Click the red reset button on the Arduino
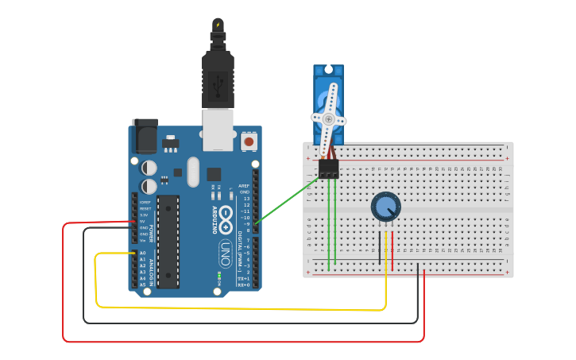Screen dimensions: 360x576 pyautogui.click(x=249, y=141)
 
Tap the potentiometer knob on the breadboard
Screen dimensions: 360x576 pyautogui.click(x=385, y=207)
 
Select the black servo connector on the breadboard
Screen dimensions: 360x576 pyautogui.click(x=328, y=168)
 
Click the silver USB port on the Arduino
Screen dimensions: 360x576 pyautogui.click(x=218, y=129)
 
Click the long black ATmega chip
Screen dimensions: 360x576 pyautogui.click(x=168, y=242)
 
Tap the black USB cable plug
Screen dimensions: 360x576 pyautogui.click(x=218, y=79)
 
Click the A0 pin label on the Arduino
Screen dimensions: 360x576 pyautogui.click(x=143, y=253)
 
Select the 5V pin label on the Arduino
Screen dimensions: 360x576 pyautogui.click(x=143, y=222)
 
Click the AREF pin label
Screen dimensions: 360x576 pyautogui.click(x=245, y=186)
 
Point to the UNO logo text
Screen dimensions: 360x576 pyautogui.click(x=226, y=253)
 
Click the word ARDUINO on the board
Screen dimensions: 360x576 pyautogui.click(x=214, y=218)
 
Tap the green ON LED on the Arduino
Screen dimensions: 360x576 pyautogui.click(x=218, y=276)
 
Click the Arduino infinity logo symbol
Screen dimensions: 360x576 pyautogui.click(x=226, y=215)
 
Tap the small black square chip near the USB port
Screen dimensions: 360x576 pyautogui.click(x=214, y=173)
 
